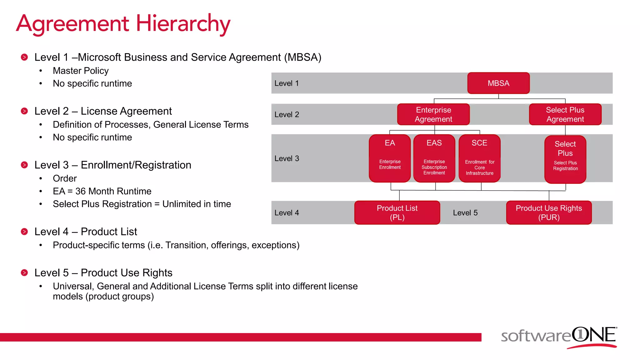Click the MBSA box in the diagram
click(498, 83)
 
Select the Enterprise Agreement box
click(433, 114)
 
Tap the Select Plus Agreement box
click(565, 114)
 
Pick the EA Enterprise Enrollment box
click(390, 158)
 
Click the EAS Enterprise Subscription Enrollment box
click(434, 158)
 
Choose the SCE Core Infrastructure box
click(479, 158)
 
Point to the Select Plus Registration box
click(565, 159)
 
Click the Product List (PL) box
click(397, 212)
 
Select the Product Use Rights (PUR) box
click(549, 212)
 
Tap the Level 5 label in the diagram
click(465, 213)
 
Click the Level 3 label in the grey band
click(287, 158)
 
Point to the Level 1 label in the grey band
click(287, 83)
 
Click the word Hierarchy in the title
click(183, 24)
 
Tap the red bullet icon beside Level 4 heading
click(24, 232)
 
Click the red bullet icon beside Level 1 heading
click(24, 57)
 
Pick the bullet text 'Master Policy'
click(81, 71)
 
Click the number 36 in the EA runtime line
click(80, 191)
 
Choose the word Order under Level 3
click(65, 178)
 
